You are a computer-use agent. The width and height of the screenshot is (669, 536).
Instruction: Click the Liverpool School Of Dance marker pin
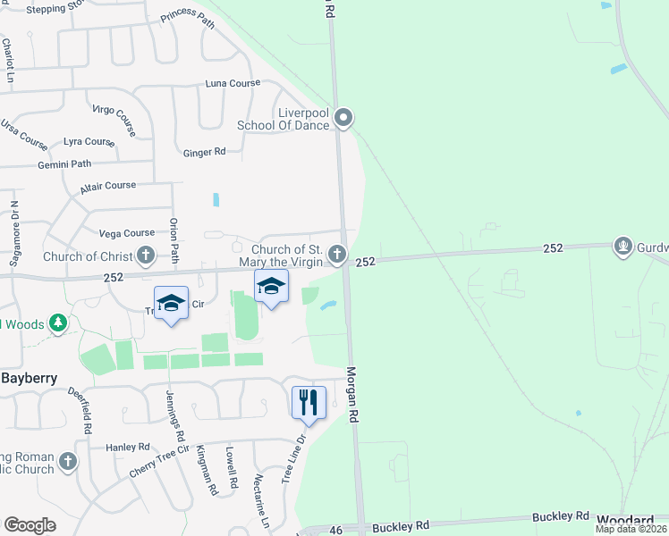pos(343,118)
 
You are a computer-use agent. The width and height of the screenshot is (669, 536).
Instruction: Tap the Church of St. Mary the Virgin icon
pos(337,256)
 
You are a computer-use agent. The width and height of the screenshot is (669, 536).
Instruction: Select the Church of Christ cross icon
pos(146,256)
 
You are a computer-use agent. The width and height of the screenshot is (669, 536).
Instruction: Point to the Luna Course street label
pos(233,83)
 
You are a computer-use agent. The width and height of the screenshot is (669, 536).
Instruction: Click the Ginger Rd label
pos(204,153)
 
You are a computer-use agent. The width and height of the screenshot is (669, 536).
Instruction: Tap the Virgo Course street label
pos(114,120)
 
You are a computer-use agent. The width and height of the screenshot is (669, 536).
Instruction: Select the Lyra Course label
pos(89,142)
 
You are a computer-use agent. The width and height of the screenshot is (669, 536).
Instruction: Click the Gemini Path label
pos(64,164)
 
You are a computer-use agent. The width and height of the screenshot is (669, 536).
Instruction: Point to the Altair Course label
pos(107,186)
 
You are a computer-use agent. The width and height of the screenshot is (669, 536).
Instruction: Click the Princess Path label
pos(188,20)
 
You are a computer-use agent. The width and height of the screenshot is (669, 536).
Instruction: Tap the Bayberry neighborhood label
pos(29,378)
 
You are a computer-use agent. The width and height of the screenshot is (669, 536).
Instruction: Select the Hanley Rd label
pos(128,447)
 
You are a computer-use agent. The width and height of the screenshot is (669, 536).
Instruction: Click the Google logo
pos(30,525)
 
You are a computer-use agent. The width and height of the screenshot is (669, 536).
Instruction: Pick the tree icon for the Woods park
pos(59,322)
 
